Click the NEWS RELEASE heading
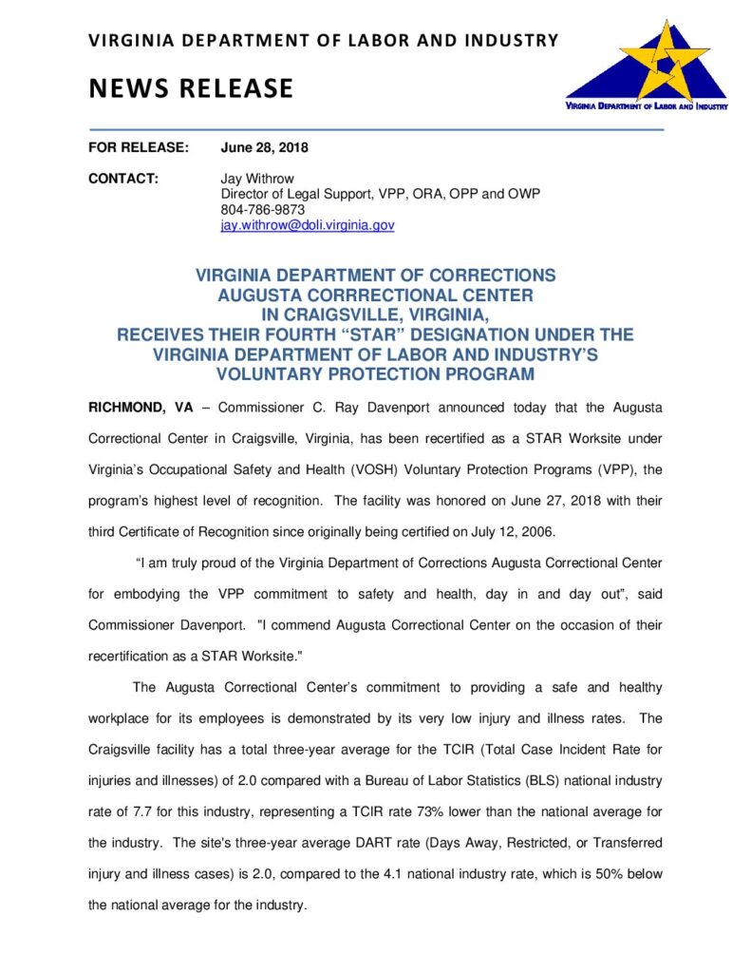pyautogui.click(x=191, y=88)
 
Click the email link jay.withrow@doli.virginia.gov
pyautogui.click(x=307, y=225)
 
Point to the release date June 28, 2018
pyautogui.click(x=265, y=148)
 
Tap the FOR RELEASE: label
pyautogui.click(x=139, y=148)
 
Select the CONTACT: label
pyautogui.click(x=122, y=179)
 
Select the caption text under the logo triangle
pyautogui.click(x=647, y=107)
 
